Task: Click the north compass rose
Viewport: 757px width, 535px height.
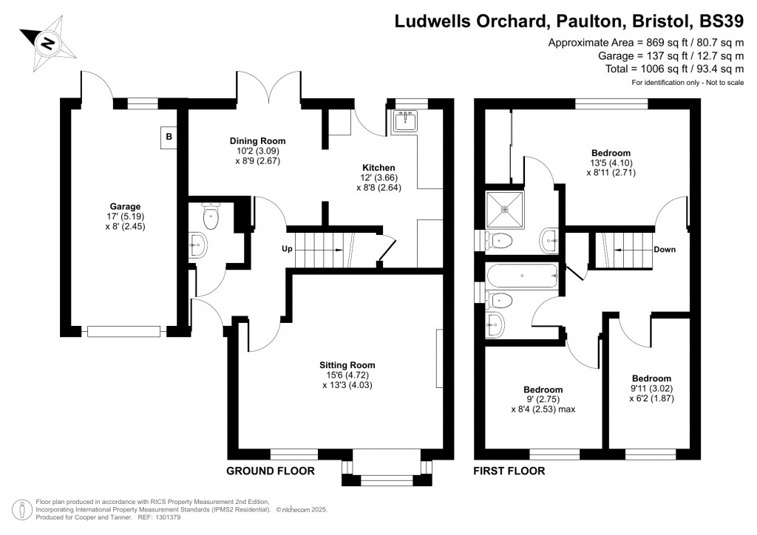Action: tap(47, 44)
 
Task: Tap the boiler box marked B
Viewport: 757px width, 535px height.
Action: tap(169, 137)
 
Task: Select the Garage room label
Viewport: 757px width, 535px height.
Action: tap(125, 206)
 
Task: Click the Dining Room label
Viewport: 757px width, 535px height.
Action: tap(257, 141)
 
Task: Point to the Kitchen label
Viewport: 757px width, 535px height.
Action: tap(378, 168)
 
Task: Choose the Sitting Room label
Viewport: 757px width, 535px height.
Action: tap(347, 365)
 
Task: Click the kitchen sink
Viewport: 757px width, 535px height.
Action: tap(404, 121)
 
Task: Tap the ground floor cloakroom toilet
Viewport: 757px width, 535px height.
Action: tap(211, 216)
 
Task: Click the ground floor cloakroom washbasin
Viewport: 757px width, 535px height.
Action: tap(198, 245)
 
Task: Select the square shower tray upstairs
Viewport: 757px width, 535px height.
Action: tap(504, 210)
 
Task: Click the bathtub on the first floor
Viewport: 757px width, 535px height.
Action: tap(523, 276)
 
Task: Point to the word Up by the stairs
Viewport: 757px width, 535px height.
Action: tap(288, 249)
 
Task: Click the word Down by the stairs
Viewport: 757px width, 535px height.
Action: tap(665, 250)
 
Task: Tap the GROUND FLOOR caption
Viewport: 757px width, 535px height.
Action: tap(271, 471)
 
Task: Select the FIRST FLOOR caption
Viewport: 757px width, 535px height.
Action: tap(509, 471)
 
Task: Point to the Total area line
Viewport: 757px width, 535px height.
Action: tap(674, 69)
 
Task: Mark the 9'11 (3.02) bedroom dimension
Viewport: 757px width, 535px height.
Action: tap(652, 389)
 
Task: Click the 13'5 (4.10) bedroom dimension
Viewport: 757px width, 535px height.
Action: tap(611, 163)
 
